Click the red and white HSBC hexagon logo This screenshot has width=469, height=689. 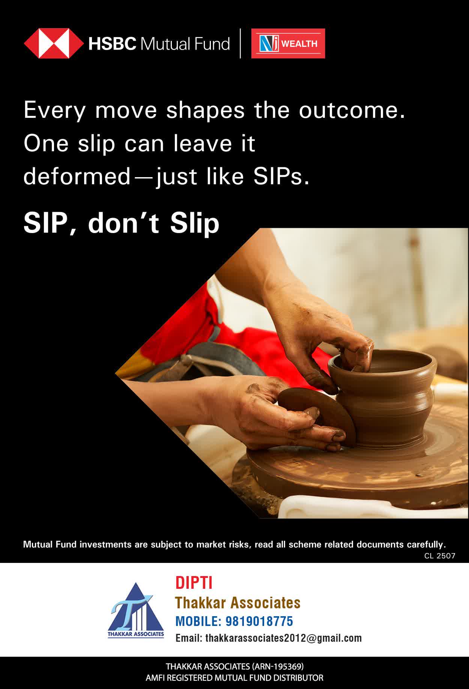[54, 44]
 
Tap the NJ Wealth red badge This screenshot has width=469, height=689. [288, 44]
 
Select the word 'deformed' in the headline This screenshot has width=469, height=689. [77, 176]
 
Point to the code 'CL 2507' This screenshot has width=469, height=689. [440, 556]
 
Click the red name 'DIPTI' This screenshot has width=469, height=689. [194, 583]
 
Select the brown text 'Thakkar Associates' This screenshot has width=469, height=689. [238, 603]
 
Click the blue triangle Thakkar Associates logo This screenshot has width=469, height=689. [136, 610]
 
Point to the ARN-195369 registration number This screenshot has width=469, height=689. [278, 666]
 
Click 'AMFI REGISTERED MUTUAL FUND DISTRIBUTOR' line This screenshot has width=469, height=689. [234, 678]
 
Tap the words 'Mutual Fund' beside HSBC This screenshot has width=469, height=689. [185, 44]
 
